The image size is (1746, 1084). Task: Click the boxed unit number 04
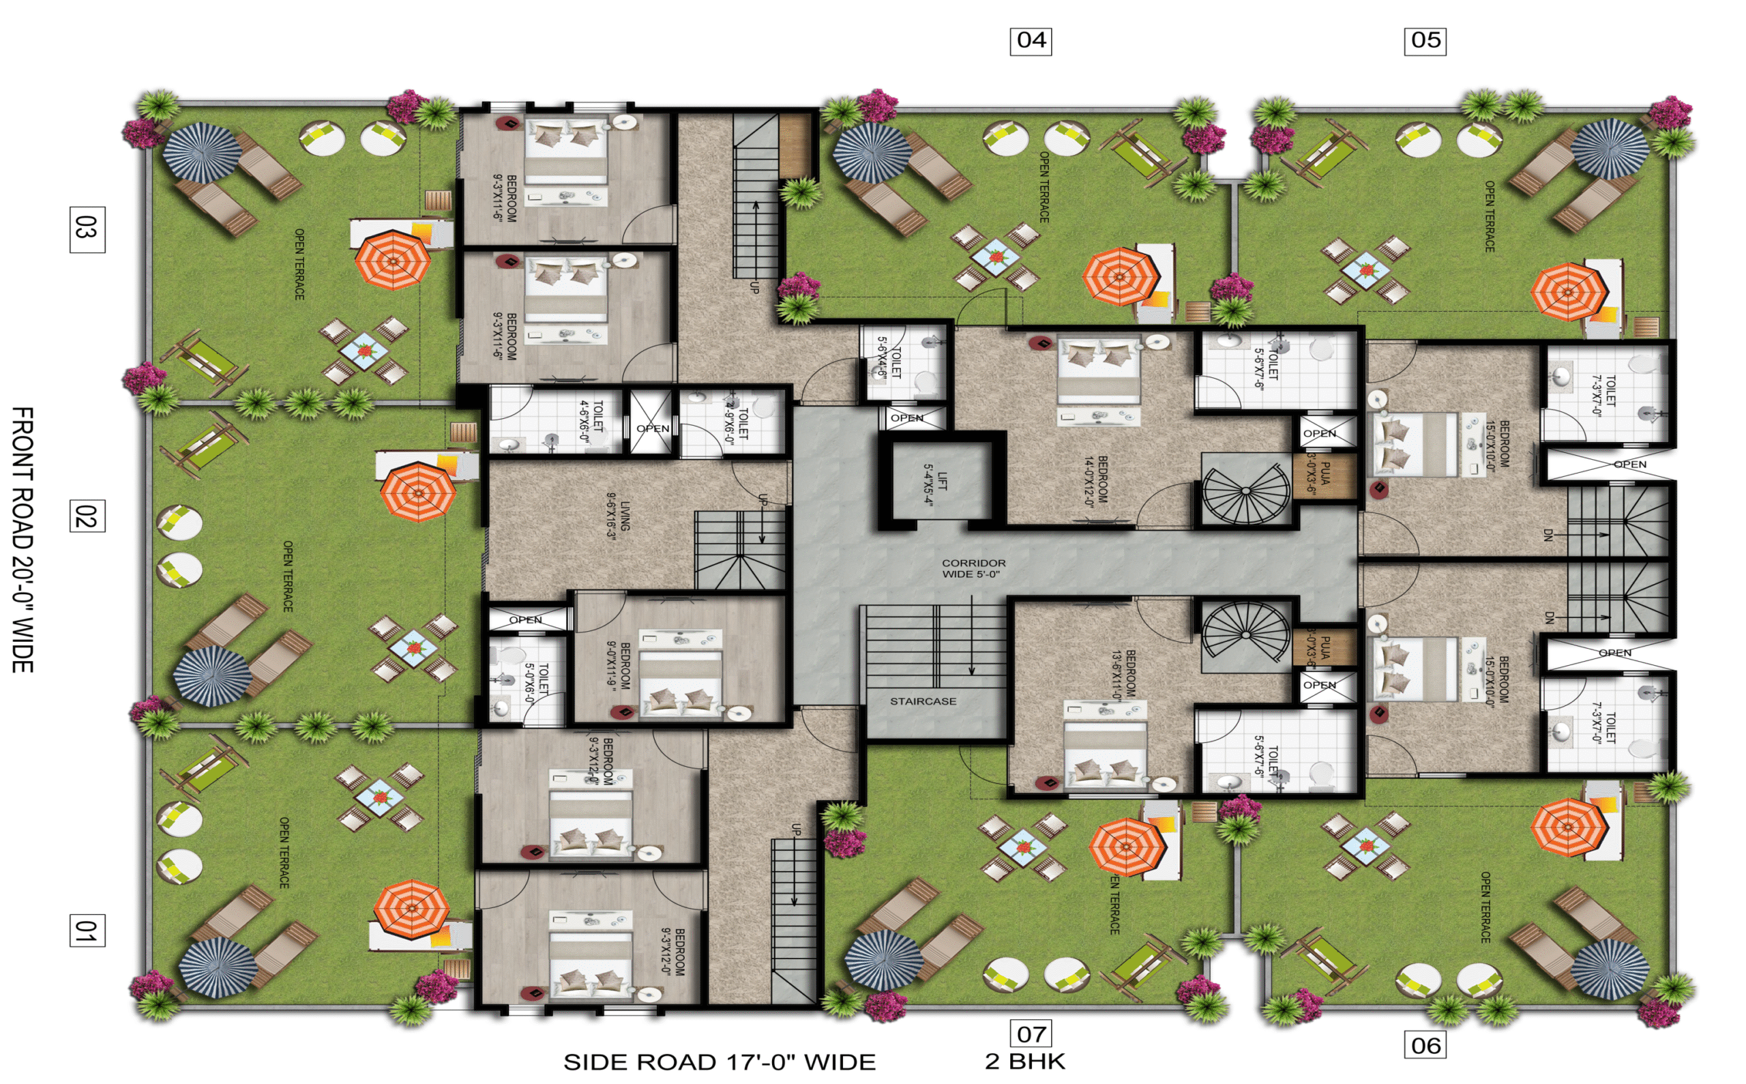pyautogui.click(x=1031, y=40)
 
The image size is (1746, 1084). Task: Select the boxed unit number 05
pyautogui.click(x=1425, y=40)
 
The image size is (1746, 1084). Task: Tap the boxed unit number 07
pyautogui.click(x=1031, y=1034)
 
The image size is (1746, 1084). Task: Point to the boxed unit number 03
pyautogui.click(x=87, y=229)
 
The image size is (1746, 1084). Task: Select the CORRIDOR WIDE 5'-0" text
pyautogui.click(x=973, y=568)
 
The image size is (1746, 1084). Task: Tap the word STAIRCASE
pyautogui.click(x=923, y=701)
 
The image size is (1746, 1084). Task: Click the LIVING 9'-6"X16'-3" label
pyautogui.click(x=618, y=516)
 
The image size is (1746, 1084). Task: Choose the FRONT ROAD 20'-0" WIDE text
pyautogui.click(x=24, y=540)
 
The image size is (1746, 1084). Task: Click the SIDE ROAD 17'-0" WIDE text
pyautogui.click(x=720, y=1061)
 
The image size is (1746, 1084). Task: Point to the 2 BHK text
pyautogui.click(x=1025, y=1061)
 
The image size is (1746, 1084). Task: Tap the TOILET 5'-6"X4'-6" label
pyautogui.click(x=889, y=363)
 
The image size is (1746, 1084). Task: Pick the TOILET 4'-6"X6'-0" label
pyautogui.click(x=591, y=422)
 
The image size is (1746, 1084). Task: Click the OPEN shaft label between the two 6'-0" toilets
pyautogui.click(x=653, y=428)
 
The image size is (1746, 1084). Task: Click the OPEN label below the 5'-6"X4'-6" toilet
pyautogui.click(x=906, y=418)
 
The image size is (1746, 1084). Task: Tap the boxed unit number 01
pyautogui.click(x=87, y=930)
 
